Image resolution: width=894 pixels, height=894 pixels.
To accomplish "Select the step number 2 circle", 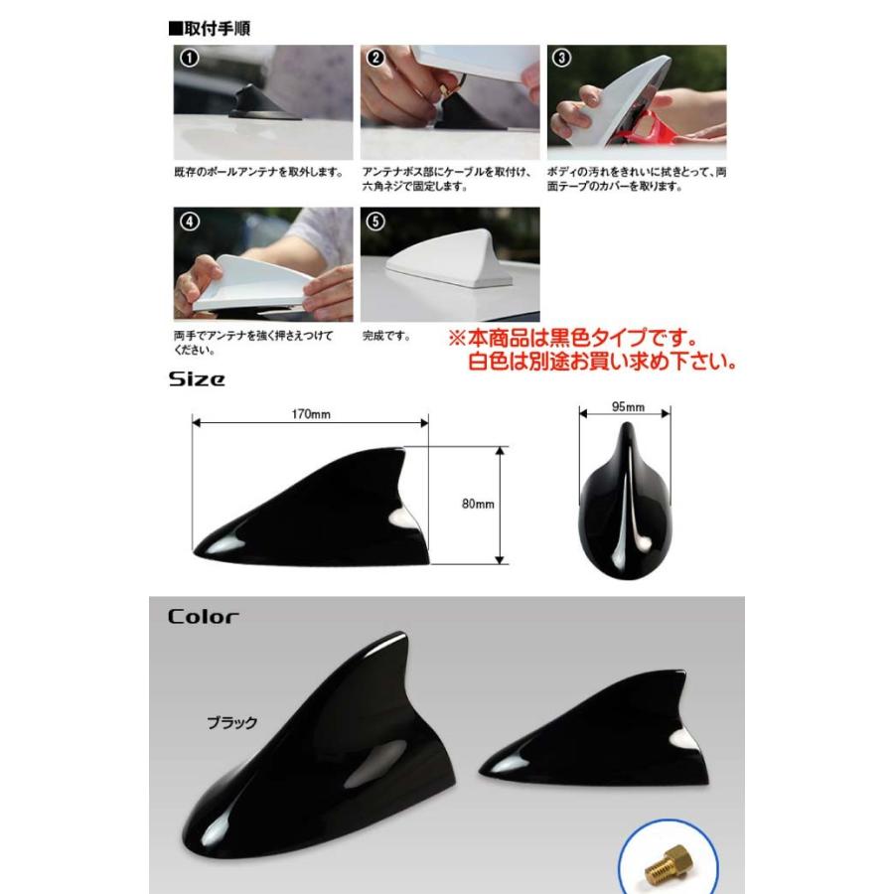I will (375, 58).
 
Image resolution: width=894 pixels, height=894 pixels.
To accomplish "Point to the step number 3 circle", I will (562, 58).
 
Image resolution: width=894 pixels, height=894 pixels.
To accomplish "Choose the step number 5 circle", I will (375, 222).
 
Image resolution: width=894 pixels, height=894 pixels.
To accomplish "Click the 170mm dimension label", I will (311, 413).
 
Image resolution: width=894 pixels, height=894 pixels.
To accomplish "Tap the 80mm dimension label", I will (478, 505).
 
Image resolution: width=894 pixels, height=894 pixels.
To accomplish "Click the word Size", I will (196, 378).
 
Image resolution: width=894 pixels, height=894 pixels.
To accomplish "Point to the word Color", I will (203, 617).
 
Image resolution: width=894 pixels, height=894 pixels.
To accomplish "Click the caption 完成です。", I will (387, 337).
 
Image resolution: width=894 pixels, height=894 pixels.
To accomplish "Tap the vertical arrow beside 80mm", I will (500, 505).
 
